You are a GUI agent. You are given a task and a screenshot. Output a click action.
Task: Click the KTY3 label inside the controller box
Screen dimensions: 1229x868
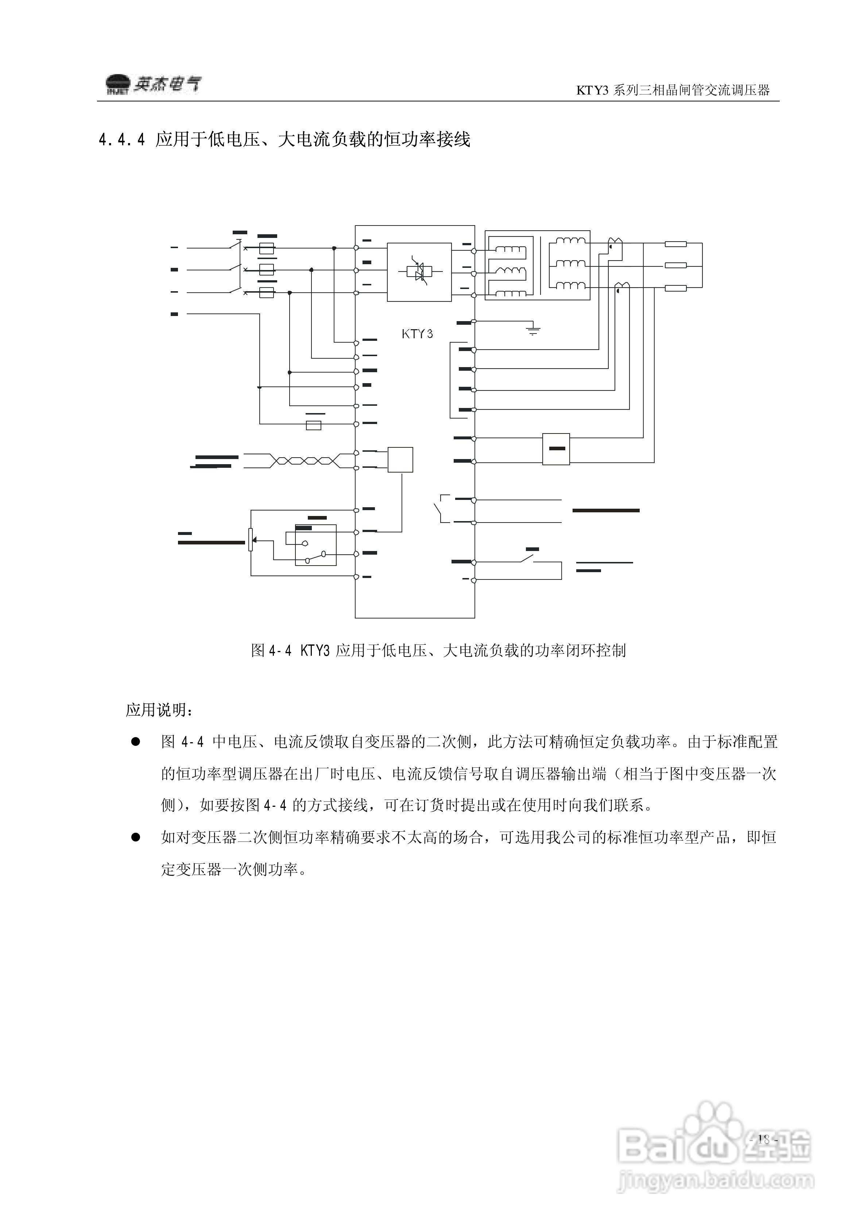tap(417, 334)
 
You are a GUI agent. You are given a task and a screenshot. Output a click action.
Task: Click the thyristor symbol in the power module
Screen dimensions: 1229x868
tap(419, 272)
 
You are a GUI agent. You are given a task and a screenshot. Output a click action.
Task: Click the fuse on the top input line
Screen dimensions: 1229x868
tap(267, 249)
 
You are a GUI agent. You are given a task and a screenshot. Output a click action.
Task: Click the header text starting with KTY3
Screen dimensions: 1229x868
tap(672, 90)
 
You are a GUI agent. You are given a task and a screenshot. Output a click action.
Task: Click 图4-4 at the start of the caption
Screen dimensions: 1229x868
tap(271, 650)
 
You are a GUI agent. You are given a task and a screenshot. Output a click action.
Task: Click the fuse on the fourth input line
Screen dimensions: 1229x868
tap(313, 425)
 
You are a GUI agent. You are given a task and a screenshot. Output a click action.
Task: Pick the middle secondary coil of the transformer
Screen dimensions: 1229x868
tap(570, 263)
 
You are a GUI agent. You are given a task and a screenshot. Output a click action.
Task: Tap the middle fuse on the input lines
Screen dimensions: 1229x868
tap(267, 270)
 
